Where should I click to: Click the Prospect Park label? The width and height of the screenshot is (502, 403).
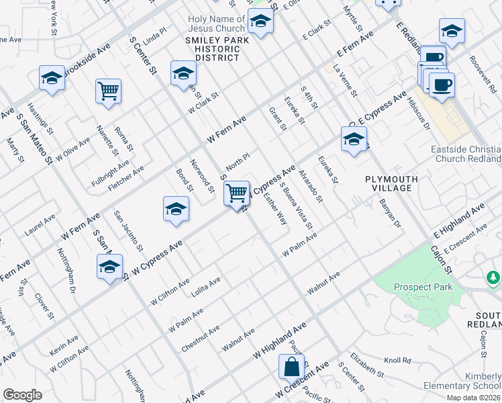[x=423, y=287]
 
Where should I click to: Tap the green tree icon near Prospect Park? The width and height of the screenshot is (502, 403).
[x=493, y=277]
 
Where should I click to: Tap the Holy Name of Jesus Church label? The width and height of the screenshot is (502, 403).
[x=217, y=24]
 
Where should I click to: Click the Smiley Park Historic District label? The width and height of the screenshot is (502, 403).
[x=212, y=49]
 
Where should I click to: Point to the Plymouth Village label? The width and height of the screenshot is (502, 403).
[x=392, y=184]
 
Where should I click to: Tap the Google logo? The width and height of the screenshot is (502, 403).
[x=22, y=394]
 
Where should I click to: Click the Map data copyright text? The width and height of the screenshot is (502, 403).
[x=473, y=398]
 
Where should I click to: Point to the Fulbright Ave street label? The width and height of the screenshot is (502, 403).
[x=111, y=174]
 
